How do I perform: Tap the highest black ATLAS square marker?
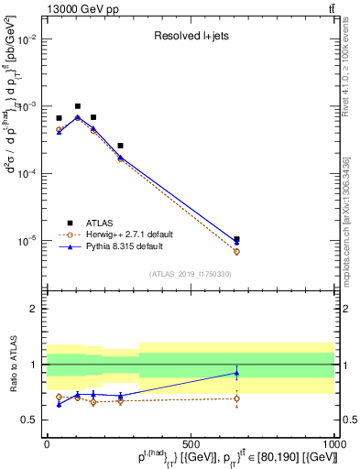pos(78,106)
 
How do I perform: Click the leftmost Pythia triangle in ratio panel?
pos(59,404)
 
